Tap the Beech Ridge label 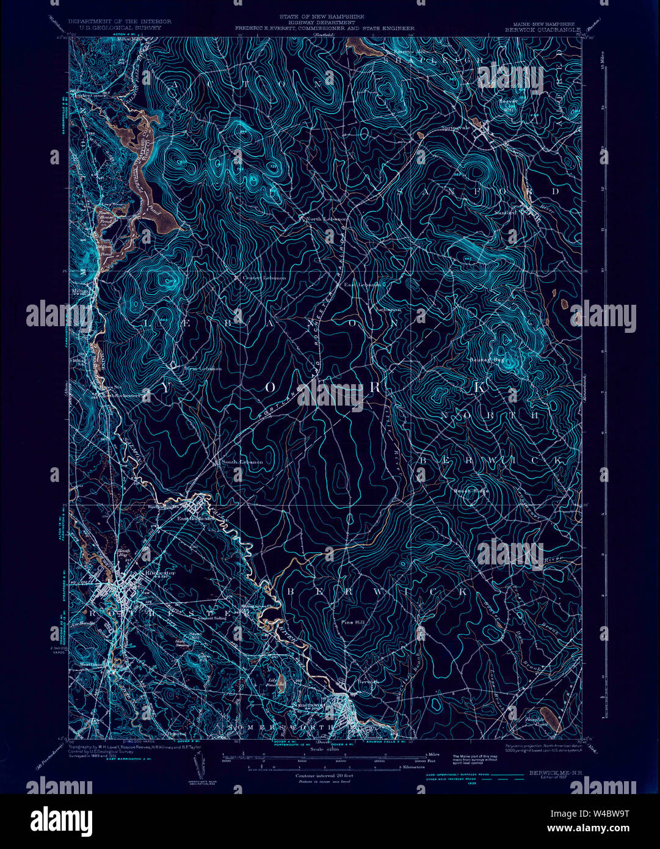471,490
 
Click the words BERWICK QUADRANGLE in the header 539,28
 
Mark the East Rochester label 195,519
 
